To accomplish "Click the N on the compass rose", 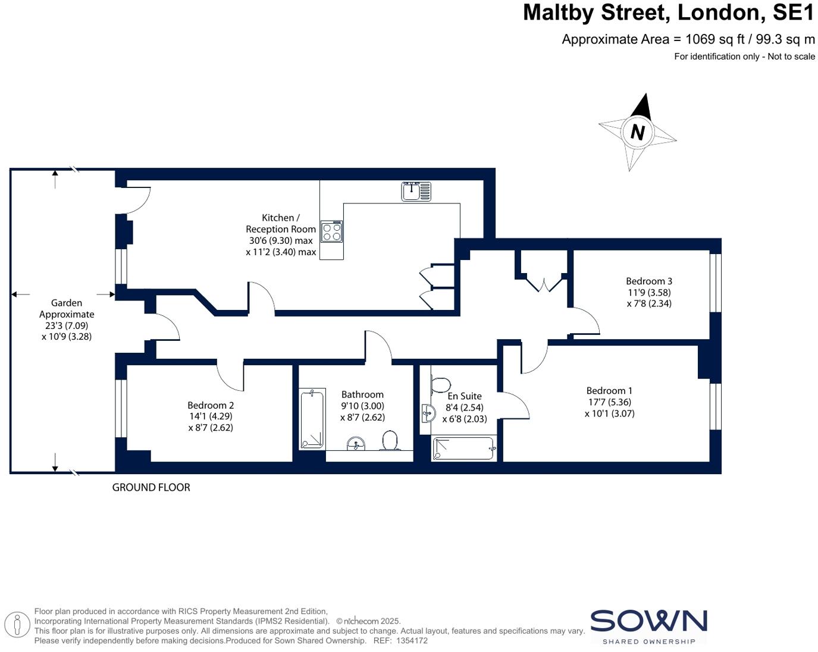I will [637, 132].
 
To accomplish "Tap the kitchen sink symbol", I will [416, 192].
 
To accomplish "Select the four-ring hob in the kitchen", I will [332, 232].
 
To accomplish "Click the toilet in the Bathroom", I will [390, 441].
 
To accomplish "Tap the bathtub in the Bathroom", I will [312, 419].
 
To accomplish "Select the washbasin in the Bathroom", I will [356, 444].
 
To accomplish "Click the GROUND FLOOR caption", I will [151, 487].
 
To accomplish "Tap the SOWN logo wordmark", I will [648, 621].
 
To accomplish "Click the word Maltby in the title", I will [564, 12].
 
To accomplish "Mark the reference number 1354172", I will [412, 641].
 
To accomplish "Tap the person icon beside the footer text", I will [17, 625].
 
